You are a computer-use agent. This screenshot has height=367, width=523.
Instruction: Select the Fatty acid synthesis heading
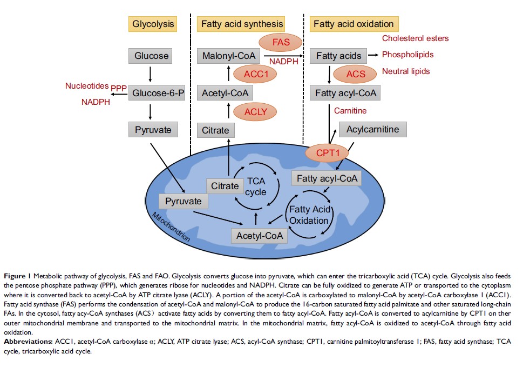(242, 24)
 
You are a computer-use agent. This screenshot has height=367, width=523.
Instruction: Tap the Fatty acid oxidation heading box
(354, 24)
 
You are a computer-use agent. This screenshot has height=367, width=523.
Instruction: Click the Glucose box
(152, 56)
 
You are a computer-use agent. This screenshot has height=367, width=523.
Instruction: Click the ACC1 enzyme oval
(256, 74)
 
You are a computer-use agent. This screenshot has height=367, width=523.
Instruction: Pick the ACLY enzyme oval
(256, 112)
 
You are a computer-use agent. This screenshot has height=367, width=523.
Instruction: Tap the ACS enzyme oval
(356, 74)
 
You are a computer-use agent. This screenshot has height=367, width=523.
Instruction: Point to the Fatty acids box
(338, 56)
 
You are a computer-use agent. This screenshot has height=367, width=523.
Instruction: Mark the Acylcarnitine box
(372, 130)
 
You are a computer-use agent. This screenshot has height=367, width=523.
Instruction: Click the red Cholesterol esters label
(415, 38)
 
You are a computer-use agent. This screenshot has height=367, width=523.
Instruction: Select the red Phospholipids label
(407, 55)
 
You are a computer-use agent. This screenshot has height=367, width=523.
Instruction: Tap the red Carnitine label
(350, 111)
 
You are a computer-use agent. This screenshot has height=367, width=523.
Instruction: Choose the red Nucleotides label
(87, 86)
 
